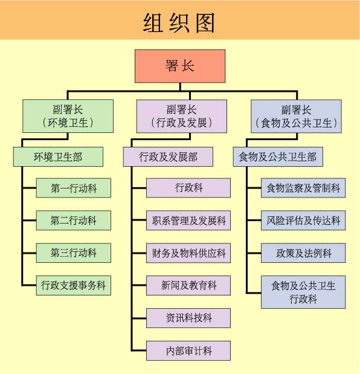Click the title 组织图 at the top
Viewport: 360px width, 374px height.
click(180, 22)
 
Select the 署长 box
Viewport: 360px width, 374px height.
click(180, 66)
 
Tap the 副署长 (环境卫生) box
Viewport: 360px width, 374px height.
click(68, 117)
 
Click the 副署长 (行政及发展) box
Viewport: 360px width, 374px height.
click(181, 117)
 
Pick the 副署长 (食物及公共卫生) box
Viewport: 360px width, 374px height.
click(296, 117)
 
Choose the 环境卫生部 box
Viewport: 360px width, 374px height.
click(58, 157)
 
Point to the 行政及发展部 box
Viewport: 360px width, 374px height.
click(168, 157)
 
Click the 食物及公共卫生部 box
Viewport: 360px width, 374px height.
click(278, 157)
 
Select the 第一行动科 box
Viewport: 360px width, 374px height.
click(74, 189)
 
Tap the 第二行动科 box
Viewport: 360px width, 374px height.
click(74, 221)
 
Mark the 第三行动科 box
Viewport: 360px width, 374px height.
click(74, 253)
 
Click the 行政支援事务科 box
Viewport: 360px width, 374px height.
click(74, 285)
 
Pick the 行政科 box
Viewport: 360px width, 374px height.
click(188, 188)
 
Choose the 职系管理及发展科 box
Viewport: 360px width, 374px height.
click(188, 221)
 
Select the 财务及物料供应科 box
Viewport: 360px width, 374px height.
click(188, 253)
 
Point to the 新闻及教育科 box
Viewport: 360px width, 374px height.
click(188, 285)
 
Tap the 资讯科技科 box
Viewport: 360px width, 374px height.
click(188, 317)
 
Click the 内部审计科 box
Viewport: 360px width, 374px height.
click(188, 350)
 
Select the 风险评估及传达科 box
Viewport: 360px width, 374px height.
click(303, 221)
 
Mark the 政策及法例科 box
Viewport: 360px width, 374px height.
click(303, 253)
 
